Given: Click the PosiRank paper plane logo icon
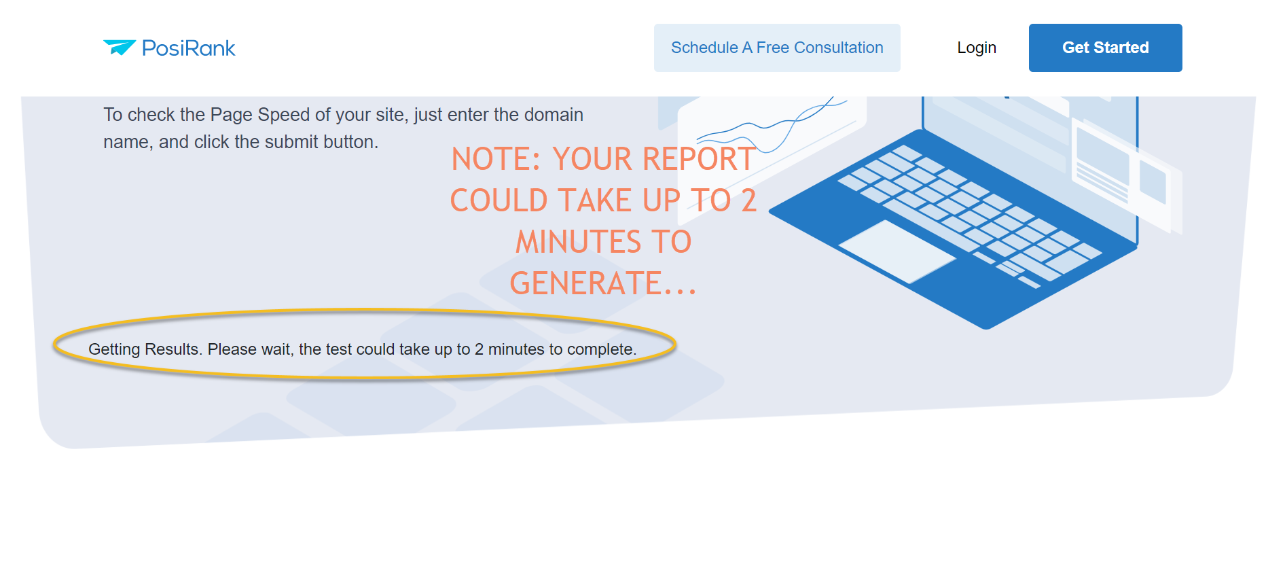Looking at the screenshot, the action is pos(120,47).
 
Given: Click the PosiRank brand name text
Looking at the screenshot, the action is pos(188,48).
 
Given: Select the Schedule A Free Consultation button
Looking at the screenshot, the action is pos(777,48).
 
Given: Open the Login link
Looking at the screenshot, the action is pos(977,48).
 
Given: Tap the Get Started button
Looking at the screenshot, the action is pos(1105,48).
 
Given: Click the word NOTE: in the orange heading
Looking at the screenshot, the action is pos(496,159).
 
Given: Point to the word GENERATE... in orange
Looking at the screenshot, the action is pos(603,283).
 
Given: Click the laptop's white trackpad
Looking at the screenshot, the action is pos(897,251).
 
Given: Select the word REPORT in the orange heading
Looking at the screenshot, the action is pos(699,159).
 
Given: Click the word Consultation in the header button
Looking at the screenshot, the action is pos(839,48).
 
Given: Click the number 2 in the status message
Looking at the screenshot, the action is pos(479,349).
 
